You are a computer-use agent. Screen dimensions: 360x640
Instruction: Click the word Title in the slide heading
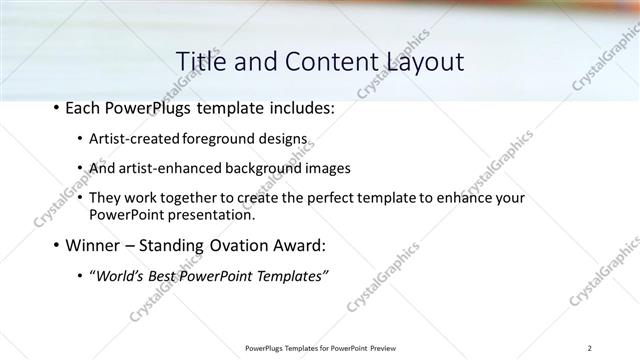[200, 61]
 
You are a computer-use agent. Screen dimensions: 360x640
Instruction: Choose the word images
[328, 168]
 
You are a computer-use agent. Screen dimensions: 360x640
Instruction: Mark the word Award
[290, 245]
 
